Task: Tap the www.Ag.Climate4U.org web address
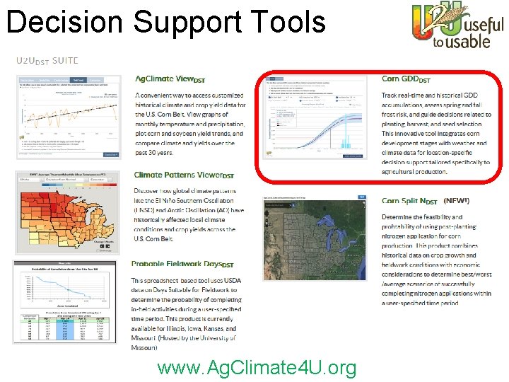click(x=257, y=368)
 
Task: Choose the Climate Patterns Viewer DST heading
click(x=183, y=175)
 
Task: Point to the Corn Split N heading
click(x=409, y=201)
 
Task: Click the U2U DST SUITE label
click(x=47, y=61)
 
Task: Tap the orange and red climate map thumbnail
click(x=67, y=213)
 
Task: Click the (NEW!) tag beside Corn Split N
click(x=456, y=201)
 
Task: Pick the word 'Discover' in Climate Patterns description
click(x=150, y=190)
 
